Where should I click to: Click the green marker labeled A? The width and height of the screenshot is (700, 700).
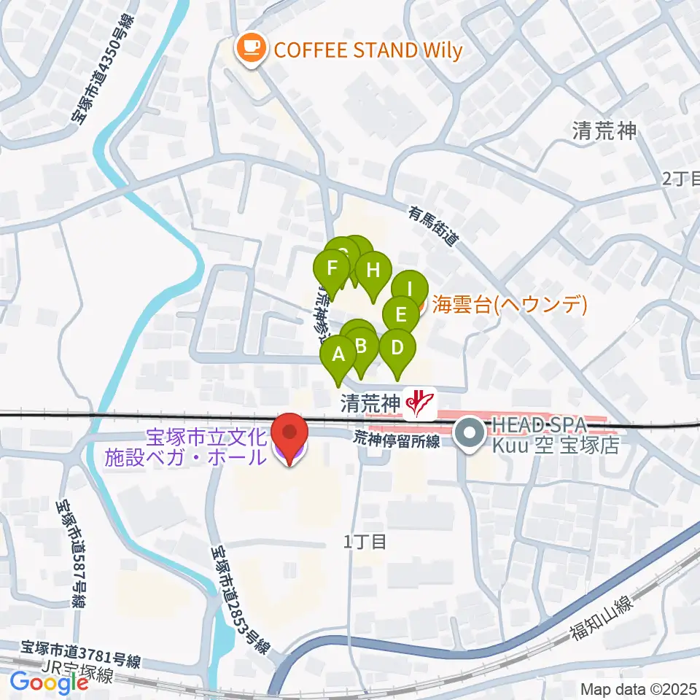pos(338,356)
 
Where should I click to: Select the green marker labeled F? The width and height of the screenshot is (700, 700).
pos(333,268)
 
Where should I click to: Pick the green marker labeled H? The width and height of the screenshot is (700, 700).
pos(373,271)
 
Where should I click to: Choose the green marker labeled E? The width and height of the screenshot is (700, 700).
pos(400,314)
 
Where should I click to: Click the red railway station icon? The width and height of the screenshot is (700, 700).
pos(420,402)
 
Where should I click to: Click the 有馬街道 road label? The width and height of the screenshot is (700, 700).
pos(435,227)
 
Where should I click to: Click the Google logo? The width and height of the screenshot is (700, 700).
pos(49,682)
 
